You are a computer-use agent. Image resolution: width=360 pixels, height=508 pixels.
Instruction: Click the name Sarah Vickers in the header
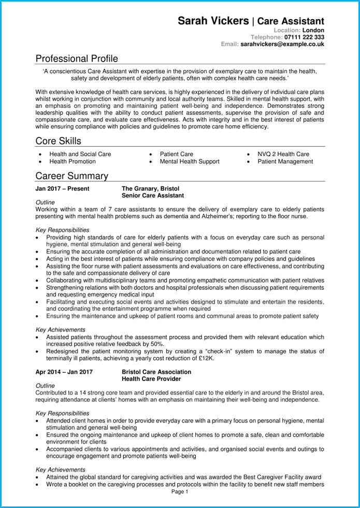[213, 21]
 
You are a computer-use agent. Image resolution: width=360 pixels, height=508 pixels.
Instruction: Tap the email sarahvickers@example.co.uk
[282, 45]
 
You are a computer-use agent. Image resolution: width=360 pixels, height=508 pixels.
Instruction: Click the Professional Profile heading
[77, 59]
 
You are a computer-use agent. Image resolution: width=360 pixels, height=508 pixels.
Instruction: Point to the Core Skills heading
[58, 141]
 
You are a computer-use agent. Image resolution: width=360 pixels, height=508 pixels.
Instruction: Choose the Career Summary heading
[71, 176]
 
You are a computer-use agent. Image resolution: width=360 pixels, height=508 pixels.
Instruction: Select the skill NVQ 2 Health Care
[283, 154]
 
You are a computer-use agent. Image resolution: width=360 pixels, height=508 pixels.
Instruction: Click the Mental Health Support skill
[190, 162]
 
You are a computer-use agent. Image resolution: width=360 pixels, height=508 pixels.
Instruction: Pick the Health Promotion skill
[73, 162]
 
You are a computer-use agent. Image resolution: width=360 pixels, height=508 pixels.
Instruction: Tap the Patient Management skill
[285, 162]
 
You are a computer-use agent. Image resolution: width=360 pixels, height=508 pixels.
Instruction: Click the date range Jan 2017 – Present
[62, 189]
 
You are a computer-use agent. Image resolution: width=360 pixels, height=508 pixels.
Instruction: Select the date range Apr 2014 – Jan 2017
[64, 372]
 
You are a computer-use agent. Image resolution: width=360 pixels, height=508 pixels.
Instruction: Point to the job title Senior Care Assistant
[153, 196]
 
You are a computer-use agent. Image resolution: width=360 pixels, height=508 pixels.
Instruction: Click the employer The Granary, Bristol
[151, 189]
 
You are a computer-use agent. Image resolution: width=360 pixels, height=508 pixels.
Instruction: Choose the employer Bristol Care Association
[156, 372]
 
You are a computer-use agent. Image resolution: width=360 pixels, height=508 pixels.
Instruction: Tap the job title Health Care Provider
[151, 379]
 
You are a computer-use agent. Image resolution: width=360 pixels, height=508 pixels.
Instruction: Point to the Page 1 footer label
[179, 491]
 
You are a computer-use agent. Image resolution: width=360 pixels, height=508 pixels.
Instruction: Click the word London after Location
[313, 31]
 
